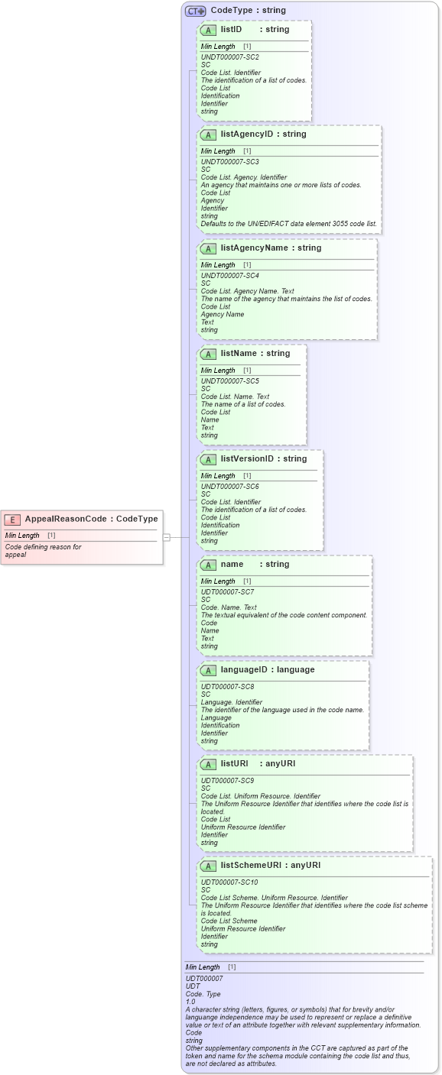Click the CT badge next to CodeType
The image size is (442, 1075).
196,11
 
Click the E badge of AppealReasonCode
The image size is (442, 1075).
12,520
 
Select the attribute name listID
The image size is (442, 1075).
231,30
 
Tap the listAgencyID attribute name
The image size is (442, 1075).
246,134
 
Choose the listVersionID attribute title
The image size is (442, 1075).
247,459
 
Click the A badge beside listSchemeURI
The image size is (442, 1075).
208,866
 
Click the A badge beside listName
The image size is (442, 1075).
208,355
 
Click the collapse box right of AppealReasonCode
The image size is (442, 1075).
166,537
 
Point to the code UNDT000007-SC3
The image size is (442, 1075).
229,162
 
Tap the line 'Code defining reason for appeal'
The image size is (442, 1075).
43,551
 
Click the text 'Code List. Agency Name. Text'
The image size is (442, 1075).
247,291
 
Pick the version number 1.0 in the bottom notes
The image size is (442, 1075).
190,1002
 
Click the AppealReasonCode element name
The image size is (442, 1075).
66,520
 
